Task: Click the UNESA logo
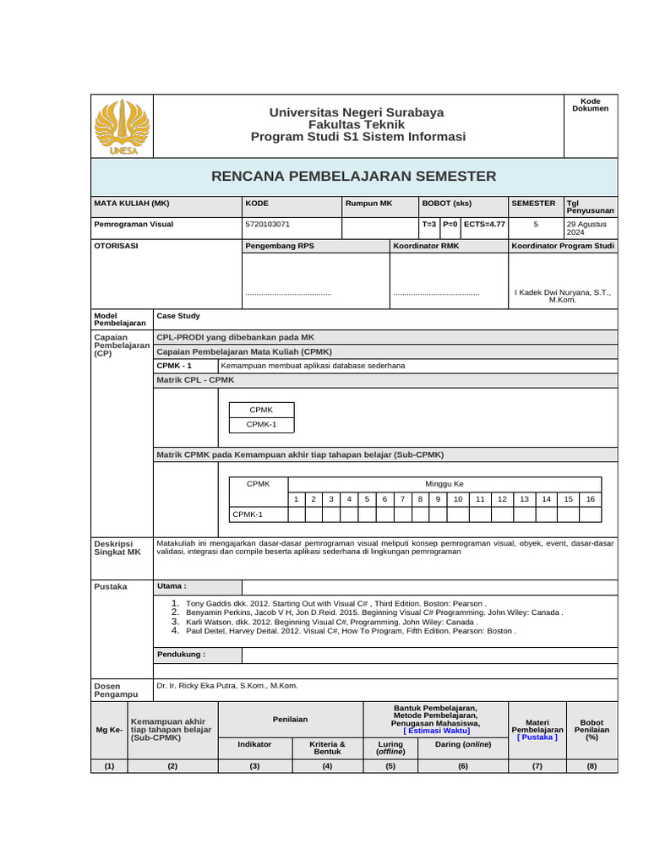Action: click(x=123, y=127)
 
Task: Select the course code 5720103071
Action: click(x=267, y=225)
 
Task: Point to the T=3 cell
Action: click(x=429, y=225)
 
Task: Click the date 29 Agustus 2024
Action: click(x=588, y=228)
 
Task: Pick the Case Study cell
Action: click(x=178, y=315)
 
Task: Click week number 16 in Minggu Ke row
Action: click(x=590, y=499)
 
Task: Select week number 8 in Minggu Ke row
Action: click(x=420, y=499)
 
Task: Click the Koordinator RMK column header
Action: click(x=426, y=246)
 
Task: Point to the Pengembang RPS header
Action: click(x=279, y=246)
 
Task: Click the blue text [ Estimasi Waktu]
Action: click(x=436, y=732)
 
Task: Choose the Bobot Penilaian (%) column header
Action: click(x=591, y=730)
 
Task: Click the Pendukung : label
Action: click(x=181, y=654)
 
